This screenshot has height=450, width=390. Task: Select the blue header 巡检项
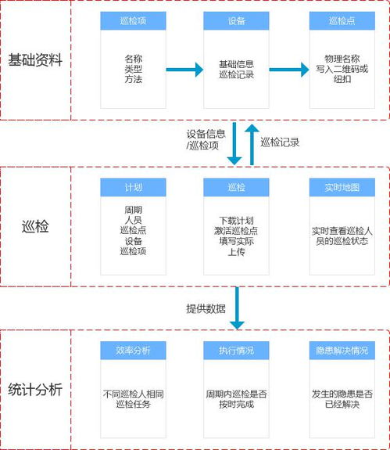pos(133,21)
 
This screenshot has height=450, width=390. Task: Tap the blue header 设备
pos(236,21)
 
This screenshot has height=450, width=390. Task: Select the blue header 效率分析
pos(133,350)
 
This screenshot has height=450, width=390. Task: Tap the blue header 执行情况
pos(236,350)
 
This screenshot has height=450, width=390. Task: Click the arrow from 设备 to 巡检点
pos(288,70)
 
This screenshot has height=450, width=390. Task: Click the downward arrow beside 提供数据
pos(237,308)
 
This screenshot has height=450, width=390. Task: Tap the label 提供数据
pos(205,308)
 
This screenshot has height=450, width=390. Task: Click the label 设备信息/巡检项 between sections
pos(206,140)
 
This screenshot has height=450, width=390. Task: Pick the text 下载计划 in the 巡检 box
pos(236,220)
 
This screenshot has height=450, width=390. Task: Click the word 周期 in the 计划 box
pos(133,211)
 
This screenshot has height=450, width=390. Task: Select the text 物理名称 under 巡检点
pos(342,58)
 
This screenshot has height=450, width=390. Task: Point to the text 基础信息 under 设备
pos(236,63)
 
